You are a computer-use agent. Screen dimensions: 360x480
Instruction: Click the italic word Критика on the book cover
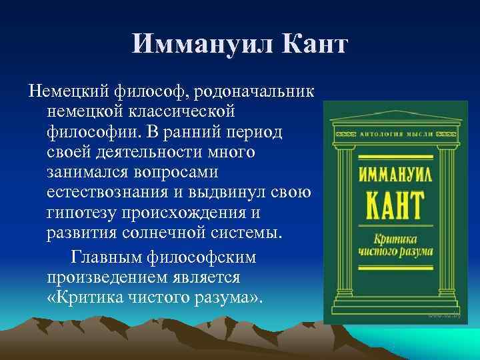pos(391,239)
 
